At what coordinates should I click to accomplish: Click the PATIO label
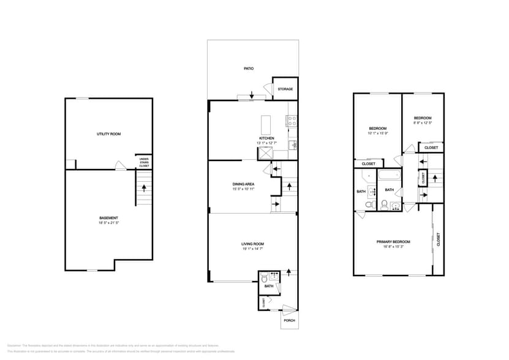[x=248, y=69]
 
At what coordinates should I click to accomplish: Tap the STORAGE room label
[x=285, y=89]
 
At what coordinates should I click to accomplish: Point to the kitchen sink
[x=293, y=145]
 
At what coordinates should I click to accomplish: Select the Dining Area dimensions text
[x=243, y=190]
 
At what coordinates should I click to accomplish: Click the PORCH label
[x=289, y=321]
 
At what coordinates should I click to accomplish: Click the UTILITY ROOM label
[x=108, y=133]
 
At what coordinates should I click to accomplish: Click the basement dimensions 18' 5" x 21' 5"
[x=108, y=223]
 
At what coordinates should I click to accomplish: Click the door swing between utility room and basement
[x=121, y=166]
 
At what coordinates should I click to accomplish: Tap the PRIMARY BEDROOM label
[x=393, y=242]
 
